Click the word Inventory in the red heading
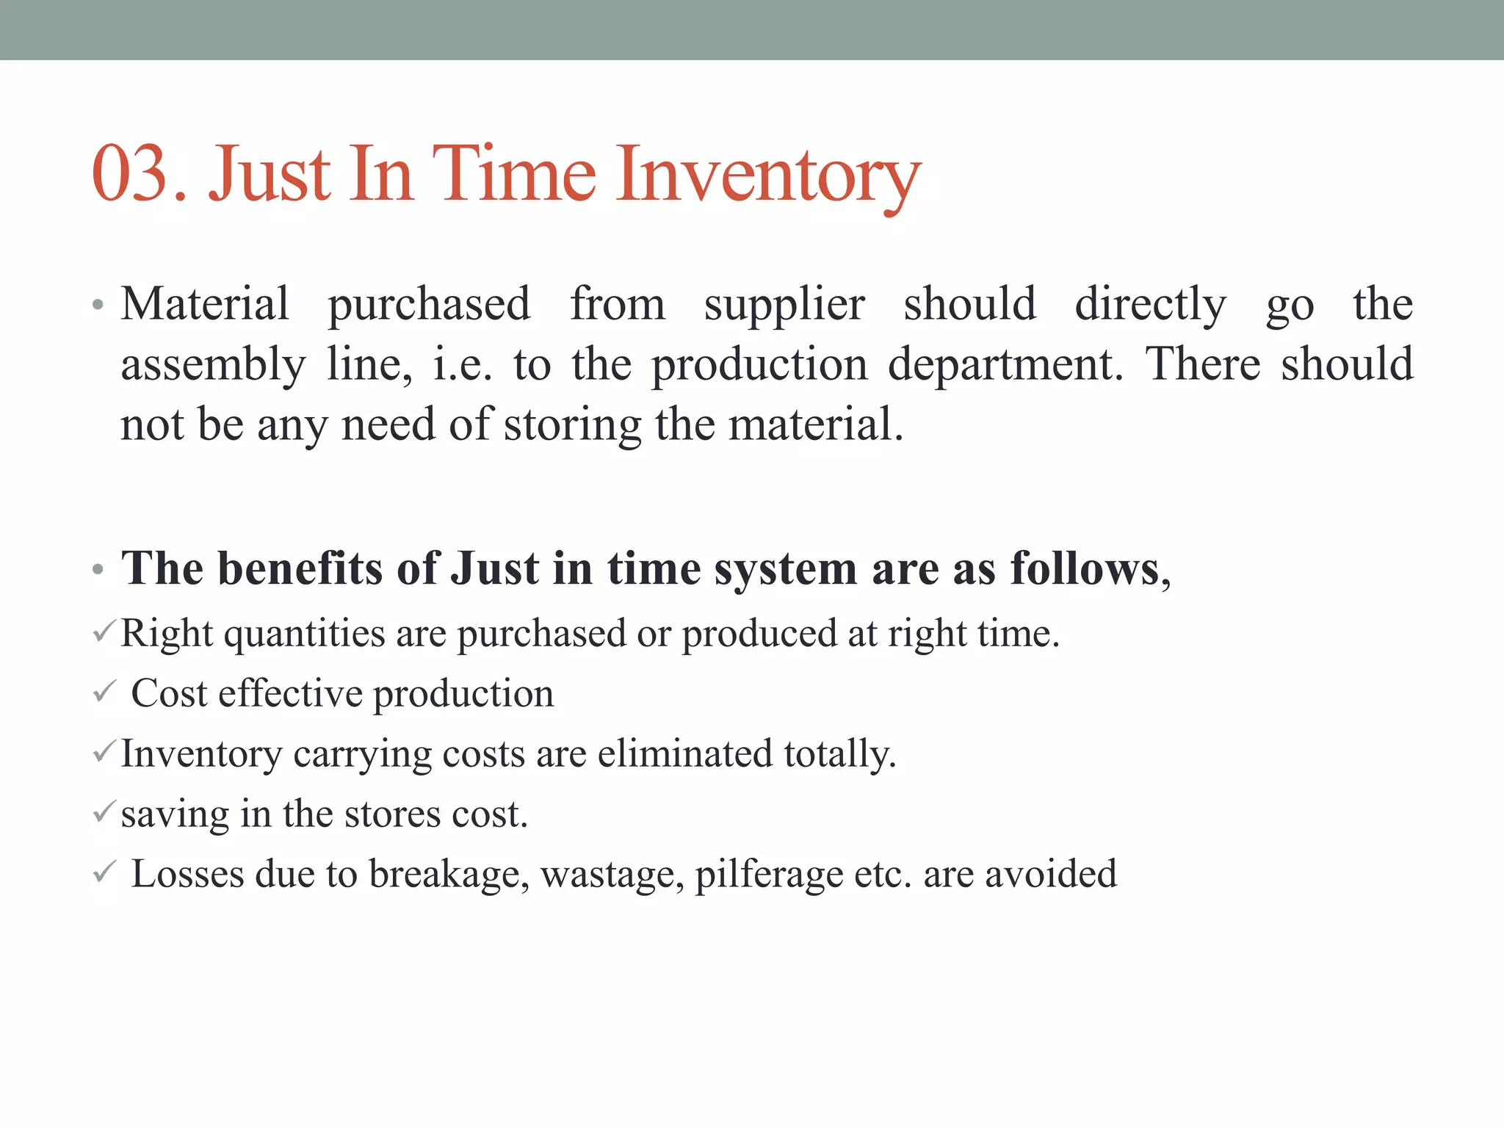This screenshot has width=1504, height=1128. (x=767, y=176)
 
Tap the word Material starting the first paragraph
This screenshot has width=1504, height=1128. (x=205, y=303)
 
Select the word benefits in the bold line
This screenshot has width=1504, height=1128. (x=300, y=568)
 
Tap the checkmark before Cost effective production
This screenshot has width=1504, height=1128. (x=104, y=692)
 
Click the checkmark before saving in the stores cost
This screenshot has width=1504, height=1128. (x=104, y=812)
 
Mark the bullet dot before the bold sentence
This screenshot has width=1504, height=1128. (x=98, y=570)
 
